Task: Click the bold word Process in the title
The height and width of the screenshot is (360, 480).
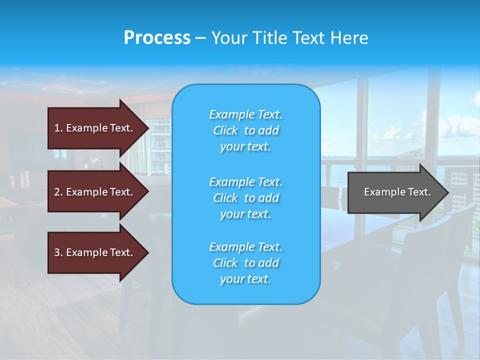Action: pos(157,38)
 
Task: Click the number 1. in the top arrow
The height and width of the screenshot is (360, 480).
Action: pos(58,128)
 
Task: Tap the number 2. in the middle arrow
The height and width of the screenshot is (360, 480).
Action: pos(58,192)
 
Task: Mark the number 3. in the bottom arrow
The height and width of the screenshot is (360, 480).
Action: pos(58,252)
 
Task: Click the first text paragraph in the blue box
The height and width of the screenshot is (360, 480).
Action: pos(245,130)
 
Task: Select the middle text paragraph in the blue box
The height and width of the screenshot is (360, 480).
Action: pos(245,198)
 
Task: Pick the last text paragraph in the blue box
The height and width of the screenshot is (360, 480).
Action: pos(245,263)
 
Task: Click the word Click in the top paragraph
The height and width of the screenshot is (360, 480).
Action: pos(225,130)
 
